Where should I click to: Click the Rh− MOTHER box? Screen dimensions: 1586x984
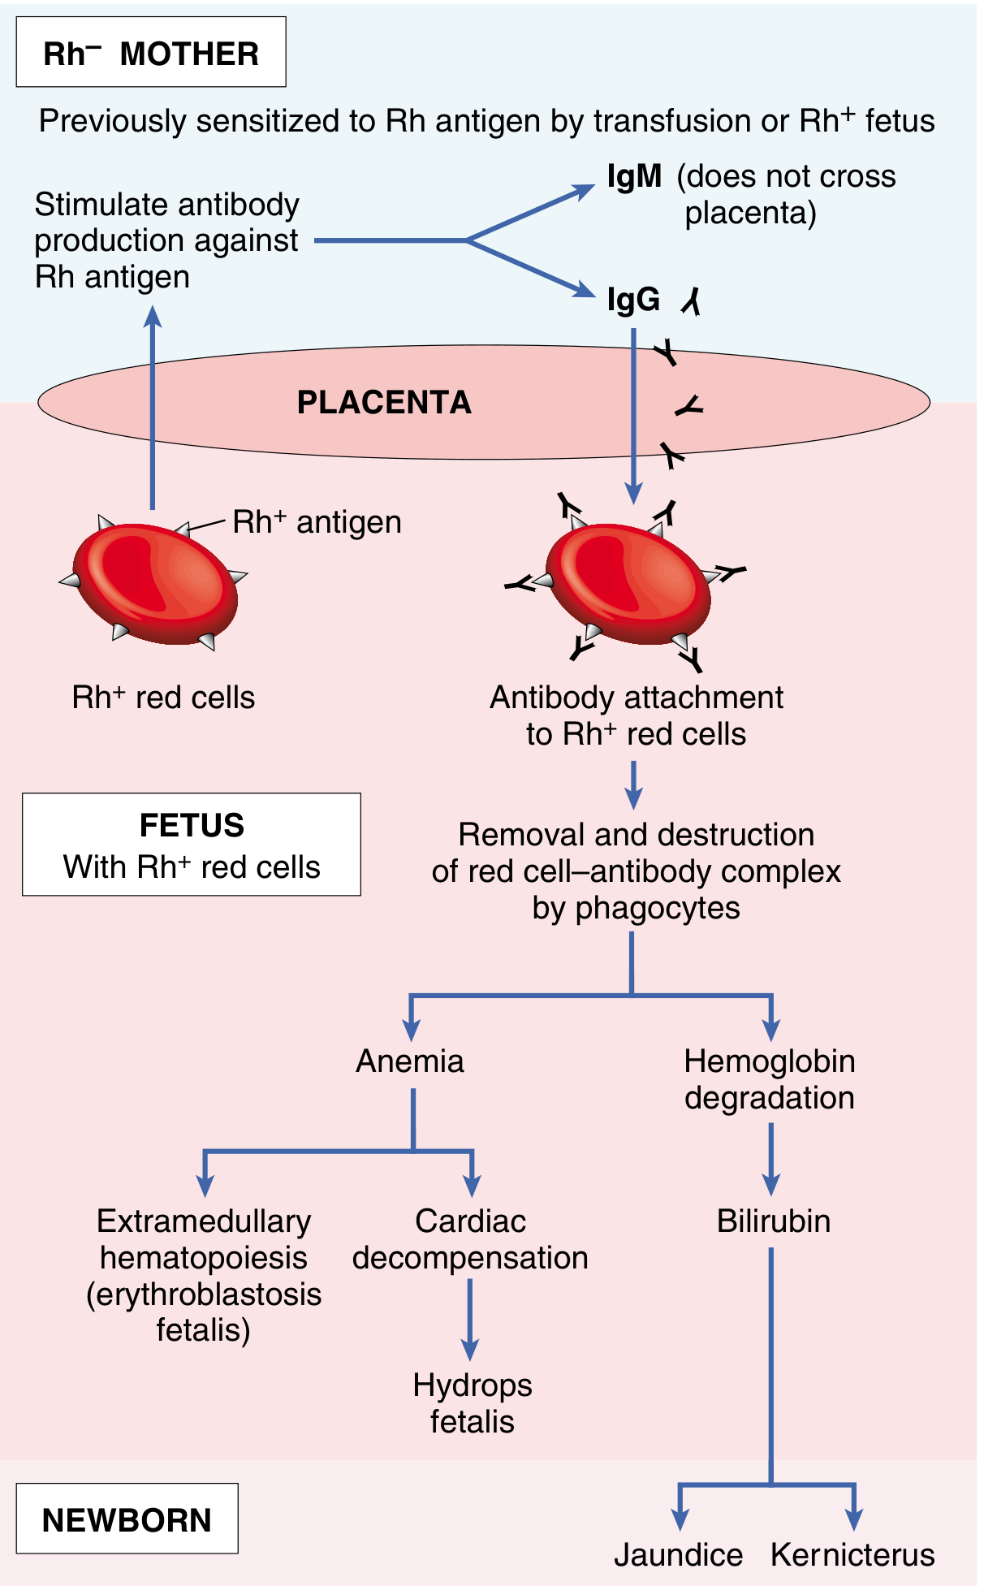point(151,53)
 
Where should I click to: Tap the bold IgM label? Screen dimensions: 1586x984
point(634,176)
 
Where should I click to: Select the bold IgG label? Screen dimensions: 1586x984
point(633,300)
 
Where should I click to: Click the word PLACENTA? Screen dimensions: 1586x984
point(384,403)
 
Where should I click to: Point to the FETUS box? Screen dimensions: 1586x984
point(192,845)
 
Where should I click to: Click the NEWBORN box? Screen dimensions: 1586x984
point(127,1519)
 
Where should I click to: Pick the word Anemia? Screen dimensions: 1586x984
point(410,1061)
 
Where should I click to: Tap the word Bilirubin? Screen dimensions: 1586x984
point(773,1221)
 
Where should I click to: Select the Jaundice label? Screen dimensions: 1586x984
point(678,1555)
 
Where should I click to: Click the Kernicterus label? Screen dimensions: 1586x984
point(852,1555)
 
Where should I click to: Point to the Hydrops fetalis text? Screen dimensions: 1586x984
point(472,1403)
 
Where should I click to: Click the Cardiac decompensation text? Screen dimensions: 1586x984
point(470,1239)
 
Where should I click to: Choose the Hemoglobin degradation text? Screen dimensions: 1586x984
point(769,1079)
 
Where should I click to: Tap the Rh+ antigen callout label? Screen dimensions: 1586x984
point(317,522)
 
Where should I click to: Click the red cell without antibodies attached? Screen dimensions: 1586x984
point(154,583)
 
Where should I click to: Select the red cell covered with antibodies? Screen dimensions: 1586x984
point(627,585)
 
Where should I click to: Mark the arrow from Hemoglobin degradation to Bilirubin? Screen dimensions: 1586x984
point(770,1160)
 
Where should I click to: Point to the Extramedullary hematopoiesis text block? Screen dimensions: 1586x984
point(204,1276)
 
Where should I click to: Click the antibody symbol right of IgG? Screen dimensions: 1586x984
point(691,302)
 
